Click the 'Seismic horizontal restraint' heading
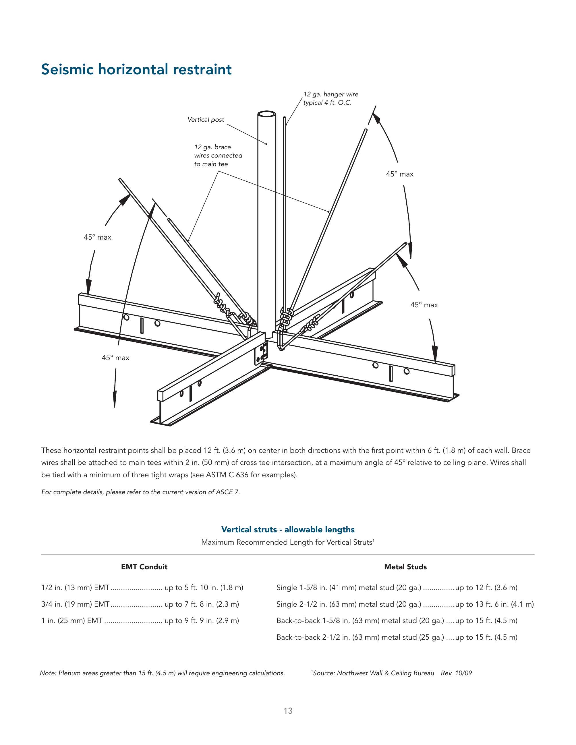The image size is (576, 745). (x=136, y=69)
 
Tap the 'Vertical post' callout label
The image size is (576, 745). (x=206, y=119)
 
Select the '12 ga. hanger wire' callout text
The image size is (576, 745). (x=331, y=94)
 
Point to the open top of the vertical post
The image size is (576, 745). (x=266, y=114)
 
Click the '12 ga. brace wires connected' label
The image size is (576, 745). (x=218, y=155)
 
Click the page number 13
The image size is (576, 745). (x=288, y=711)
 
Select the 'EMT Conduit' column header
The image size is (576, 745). (x=144, y=566)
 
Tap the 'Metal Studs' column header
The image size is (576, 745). (x=405, y=566)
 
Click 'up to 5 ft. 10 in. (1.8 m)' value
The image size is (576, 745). (x=204, y=587)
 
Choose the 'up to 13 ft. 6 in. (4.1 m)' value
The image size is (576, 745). (x=494, y=604)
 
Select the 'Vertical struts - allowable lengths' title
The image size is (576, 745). (x=288, y=529)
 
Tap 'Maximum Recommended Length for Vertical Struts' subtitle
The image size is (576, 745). (x=287, y=542)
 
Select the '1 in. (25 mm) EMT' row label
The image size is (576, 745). (x=72, y=620)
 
